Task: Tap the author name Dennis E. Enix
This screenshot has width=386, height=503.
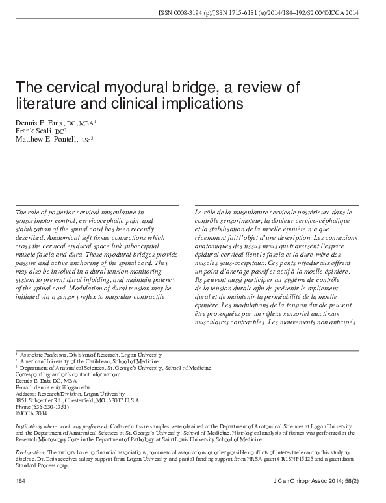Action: pyautogui.click(x=36, y=122)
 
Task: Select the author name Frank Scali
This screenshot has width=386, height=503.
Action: pyautogui.click(x=31, y=131)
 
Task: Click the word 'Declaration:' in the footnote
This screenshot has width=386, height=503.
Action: pyautogui.click(x=30, y=450)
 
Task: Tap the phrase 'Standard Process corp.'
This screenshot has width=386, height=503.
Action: pyautogui.click(x=42, y=465)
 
